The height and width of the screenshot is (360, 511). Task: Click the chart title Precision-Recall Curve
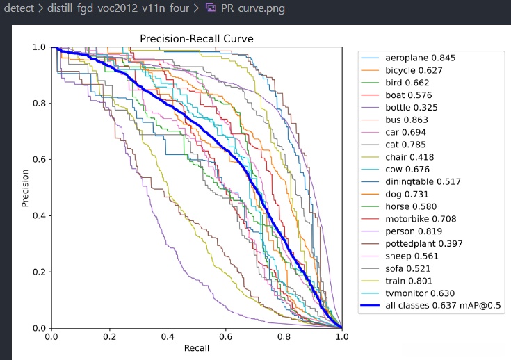196,39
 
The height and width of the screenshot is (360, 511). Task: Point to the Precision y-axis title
25,188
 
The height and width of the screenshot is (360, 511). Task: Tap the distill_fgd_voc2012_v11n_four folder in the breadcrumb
120,9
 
